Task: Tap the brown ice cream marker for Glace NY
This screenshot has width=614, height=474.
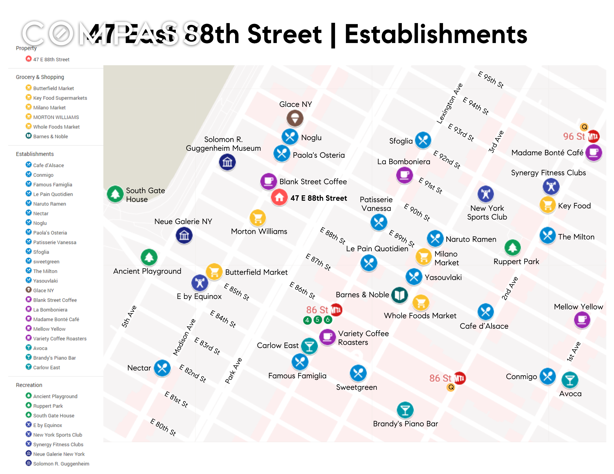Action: (x=295, y=118)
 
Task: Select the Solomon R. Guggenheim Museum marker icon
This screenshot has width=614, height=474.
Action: (x=227, y=162)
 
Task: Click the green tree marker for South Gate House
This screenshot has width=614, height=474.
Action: (x=115, y=194)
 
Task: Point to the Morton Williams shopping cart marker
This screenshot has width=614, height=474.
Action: (x=257, y=218)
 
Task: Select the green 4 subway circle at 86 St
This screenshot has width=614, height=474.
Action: (x=307, y=320)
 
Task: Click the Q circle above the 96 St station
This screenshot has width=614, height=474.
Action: (x=584, y=127)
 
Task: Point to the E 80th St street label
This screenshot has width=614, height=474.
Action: (x=163, y=427)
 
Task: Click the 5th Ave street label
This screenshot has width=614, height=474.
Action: (x=129, y=316)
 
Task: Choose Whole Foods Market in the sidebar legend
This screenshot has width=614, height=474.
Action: (x=56, y=127)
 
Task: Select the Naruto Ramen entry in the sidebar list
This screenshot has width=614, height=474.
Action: (x=49, y=204)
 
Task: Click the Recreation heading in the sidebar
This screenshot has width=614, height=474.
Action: (x=29, y=385)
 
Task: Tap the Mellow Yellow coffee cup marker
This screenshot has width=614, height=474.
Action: (x=582, y=320)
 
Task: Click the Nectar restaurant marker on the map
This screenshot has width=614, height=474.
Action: (x=162, y=368)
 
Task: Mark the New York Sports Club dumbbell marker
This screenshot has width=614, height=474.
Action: (x=485, y=194)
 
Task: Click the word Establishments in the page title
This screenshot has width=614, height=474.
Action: (x=436, y=34)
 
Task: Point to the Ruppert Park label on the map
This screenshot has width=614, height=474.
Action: (x=516, y=261)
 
